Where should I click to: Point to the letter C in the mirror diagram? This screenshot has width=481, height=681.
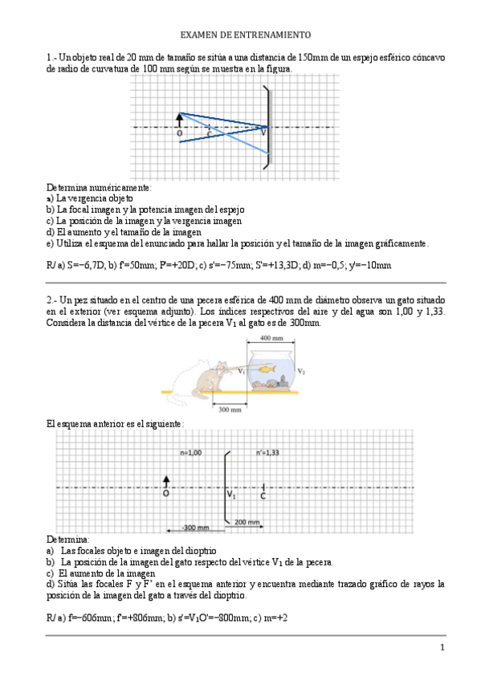pyautogui.click(x=210, y=134)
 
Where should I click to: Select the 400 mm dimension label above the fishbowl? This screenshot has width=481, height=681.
pyautogui.click(x=271, y=339)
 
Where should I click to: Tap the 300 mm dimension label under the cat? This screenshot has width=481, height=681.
pyautogui.click(x=230, y=409)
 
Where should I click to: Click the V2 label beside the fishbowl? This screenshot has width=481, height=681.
pyautogui.click(x=301, y=372)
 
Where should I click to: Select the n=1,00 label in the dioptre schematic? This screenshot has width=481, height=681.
pyautogui.click(x=190, y=452)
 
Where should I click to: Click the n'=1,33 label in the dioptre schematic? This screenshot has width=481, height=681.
pyautogui.click(x=267, y=452)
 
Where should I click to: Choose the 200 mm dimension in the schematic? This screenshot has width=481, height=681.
pyautogui.click(x=247, y=522)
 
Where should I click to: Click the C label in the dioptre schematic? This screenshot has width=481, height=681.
pyautogui.click(x=263, y=496)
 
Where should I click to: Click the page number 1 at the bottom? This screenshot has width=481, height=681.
pyautogui.click(x=441, y=647)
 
